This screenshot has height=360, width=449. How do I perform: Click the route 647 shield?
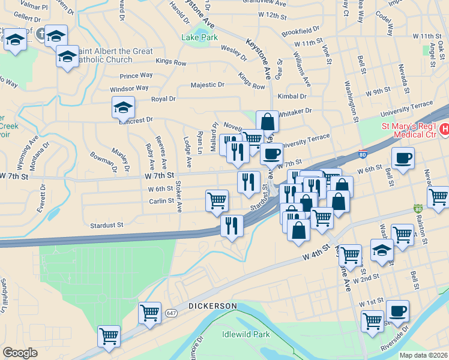(x=172, y=313)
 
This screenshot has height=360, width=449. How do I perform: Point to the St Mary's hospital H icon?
(x=445, y=128)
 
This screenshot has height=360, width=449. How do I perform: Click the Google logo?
(x=20, y=353)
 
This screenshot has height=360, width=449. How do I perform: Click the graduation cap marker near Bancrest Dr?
(x=123, y=108)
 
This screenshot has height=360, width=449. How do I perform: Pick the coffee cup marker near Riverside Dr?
(x=397, y=311)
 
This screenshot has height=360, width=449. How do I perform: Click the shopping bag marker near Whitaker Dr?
(x=267, y=122)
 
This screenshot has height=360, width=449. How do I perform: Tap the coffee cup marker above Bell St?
(x=403, y=158)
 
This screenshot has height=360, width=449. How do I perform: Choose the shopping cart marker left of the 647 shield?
(x=149, y=313)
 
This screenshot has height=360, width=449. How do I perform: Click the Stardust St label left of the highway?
(x=106, y=225)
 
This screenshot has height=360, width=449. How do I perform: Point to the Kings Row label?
(x=170, y=61)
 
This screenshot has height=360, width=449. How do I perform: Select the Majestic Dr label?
(x=207, y=85)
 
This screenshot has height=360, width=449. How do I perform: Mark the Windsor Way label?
(x=129, y=88)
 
